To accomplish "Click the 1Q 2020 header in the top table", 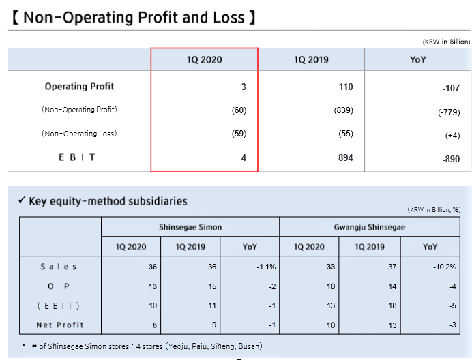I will point(204,59).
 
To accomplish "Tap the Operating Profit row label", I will point(79,87).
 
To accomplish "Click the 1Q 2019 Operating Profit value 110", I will point(346,87).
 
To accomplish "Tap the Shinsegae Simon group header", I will point(190,227).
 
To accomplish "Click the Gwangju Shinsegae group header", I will point(370,227).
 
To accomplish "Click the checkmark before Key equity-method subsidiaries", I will point(22,200).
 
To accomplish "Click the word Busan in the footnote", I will point(249,346).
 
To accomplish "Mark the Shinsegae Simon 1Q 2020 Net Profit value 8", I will point(155,325).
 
